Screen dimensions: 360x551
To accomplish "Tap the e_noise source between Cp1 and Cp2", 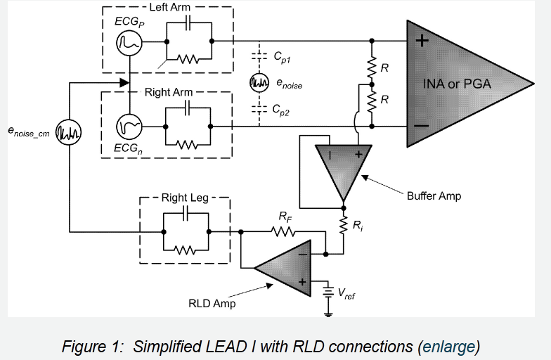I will coord(259,83).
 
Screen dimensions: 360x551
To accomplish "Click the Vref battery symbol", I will coord(327,291).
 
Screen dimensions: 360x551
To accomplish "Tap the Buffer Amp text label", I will coord(434,195).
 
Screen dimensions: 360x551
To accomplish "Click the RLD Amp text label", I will coord(212,304).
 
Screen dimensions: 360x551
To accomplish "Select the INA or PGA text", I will coord(457,84).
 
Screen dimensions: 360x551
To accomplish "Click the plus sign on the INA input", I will coord(421,41).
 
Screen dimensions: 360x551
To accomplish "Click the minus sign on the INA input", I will coord(421,127).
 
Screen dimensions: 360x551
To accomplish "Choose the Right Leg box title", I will coord(184,198).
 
